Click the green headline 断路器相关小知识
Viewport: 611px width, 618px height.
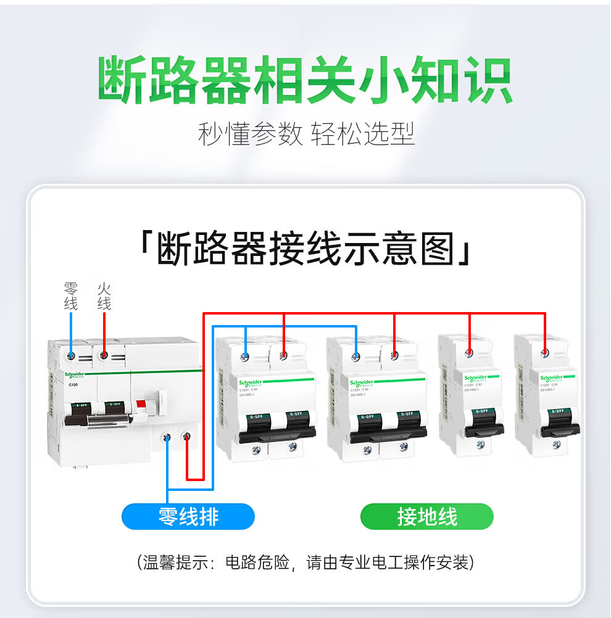[305, 80]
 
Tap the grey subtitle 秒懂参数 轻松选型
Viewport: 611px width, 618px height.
[305, 134]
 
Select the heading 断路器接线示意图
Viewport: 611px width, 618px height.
[305, 250]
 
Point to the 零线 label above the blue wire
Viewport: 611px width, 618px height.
[71, 297]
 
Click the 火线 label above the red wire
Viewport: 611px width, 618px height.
[104, 297]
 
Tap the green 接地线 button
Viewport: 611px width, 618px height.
[426, 516]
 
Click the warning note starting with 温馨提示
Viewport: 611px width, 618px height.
[305, 562]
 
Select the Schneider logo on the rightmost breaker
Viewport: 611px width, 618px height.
[554, 377]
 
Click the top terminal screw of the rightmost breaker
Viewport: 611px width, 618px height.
[545, 353]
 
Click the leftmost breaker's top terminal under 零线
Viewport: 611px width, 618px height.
[72, 355]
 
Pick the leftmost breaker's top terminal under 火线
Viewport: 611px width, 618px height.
[105, 355]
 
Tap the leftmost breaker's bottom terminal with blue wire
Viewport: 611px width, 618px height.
[167, 437]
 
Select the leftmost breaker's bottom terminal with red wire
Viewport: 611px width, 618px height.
[186, 437]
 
